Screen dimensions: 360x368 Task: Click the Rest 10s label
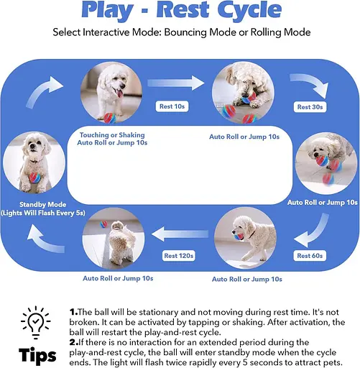pos(172,106)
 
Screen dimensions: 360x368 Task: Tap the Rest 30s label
pos(310,107)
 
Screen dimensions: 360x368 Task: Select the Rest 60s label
pos(310,256)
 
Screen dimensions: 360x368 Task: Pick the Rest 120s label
pos(178,256)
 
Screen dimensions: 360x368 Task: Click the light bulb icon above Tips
pos(36,322)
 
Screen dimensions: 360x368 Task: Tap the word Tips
pos(37,354)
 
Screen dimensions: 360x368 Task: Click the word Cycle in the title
pos(249,9)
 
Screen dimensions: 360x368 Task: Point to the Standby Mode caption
pos(42,204)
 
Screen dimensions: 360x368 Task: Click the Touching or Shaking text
pos(112,135)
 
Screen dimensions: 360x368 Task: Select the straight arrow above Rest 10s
pos(176,83)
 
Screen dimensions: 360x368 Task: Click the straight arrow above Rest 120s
pos(180,234)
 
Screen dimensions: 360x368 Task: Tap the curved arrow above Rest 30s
pos(311,84)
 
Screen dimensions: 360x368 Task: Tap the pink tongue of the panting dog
pos(120,93)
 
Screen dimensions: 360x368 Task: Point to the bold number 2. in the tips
pos(74,342)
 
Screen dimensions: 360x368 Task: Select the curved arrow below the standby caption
pos(45,239)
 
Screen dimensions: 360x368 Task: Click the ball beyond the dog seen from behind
pos(103,224)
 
